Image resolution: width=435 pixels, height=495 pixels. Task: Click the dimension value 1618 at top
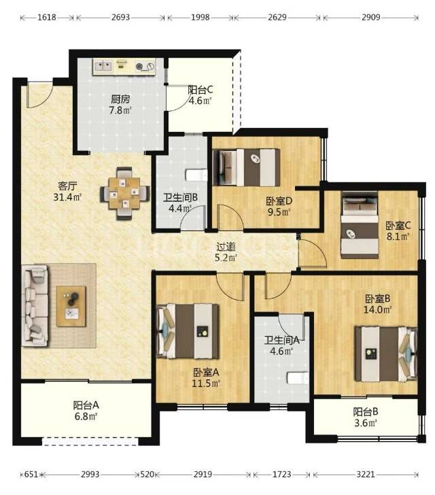pyautogui.click(x=47, y=18)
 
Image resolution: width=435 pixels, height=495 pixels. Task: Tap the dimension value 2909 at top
pyautogui.click(x=370, y=18)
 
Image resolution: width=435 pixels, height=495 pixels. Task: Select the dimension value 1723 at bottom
pyautogui.click(x=281, y=474)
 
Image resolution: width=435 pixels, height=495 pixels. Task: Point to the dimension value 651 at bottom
pyautogui.click(x=31, y=474)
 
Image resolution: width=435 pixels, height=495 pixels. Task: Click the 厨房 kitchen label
pyautogui.click(x=120, y=99)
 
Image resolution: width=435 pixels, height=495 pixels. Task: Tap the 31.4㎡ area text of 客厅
pyautogui.click(x=67, y=197)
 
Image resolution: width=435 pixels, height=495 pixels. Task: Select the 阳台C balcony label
pyautogui.click(x=201, y=90)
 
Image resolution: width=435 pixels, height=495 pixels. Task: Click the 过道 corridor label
pyautogui.click(x=226, y=246)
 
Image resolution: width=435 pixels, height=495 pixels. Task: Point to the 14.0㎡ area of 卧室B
pyautogui.click(x=377, y=309)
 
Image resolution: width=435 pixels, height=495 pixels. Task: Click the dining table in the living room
pyautogui.click(x=124, y=193)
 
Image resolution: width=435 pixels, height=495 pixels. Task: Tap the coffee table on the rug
pyautogui.click(x=71, y=306)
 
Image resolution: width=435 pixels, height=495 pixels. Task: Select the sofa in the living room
pyautogui.click(x=35, y=305)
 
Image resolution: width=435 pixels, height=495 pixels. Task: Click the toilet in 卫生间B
pyautogui.click(x=196, y=175)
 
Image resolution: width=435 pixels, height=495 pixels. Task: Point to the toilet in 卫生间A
pyautogui.click(x=298, y=378)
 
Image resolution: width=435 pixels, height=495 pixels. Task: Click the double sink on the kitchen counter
pyautogui.click(x=103, y=66)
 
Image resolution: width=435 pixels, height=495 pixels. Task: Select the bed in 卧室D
pyautogui.click(x=246, y=167)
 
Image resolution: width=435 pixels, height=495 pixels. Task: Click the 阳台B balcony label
pyautogui.click(x=366, y=412)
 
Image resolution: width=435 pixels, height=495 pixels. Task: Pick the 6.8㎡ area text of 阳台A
pyautogui.click(x=86, y=416)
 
